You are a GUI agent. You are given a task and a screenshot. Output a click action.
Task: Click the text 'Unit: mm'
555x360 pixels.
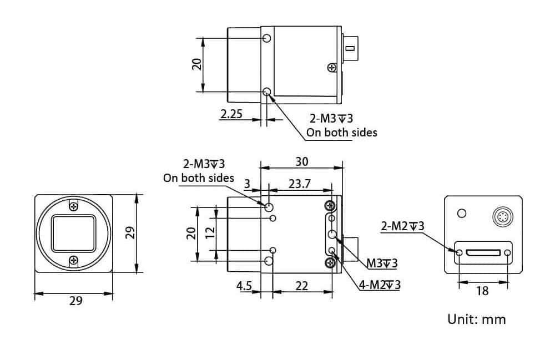[476, 320]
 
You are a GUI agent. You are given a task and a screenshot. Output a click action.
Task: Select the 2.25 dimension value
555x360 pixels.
[231, 114]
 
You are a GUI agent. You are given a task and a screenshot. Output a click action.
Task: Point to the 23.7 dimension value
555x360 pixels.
[300, 184]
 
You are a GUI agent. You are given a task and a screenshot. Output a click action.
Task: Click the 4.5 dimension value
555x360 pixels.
[244, 286]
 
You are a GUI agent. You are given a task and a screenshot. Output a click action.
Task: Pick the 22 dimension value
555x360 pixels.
[301, 286]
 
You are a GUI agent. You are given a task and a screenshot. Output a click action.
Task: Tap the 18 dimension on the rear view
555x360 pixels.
[482, 290]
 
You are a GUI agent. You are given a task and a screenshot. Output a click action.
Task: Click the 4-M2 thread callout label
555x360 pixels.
[380, 285]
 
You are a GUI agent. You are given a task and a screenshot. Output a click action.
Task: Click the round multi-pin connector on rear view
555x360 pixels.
[502, 215]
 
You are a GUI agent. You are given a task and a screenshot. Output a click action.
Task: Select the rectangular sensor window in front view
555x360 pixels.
[74, 233]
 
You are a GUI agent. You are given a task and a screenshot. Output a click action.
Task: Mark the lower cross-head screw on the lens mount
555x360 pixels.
[74, 260]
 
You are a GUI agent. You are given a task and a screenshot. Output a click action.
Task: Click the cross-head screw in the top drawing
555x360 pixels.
[332, 68]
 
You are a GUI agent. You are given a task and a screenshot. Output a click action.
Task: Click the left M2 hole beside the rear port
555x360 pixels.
[459, 253]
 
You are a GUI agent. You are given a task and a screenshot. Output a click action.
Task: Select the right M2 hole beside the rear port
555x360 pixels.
[508, 253]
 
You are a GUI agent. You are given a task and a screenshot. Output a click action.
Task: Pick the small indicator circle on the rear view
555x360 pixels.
[462, 214]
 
